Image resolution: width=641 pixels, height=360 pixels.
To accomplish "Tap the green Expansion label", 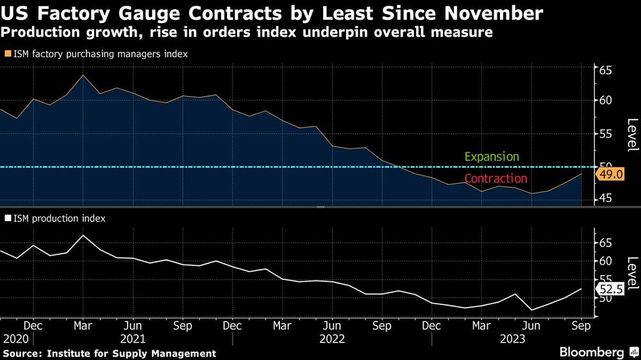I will (x=492, y=157).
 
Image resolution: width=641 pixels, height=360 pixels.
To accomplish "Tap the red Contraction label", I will (x=495, y=179).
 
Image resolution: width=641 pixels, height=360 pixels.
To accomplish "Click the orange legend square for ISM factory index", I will (x=7, y=54).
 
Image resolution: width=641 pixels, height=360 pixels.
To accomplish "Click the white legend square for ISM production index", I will (x=7, y=218).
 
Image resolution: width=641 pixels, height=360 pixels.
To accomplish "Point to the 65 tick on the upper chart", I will (x=606, y=70).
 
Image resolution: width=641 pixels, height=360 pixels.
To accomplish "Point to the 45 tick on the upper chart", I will (x=606, y=200).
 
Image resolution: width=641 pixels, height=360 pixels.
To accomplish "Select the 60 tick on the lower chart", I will (x=606, y=261).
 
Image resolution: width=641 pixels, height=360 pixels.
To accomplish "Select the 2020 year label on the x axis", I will (x=15, y=338).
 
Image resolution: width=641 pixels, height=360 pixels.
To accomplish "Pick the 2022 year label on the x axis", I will (x=331, y=338).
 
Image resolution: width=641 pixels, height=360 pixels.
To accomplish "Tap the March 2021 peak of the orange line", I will (x=83, y=75).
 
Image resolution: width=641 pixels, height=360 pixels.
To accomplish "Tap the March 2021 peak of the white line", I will (x=83, y=235).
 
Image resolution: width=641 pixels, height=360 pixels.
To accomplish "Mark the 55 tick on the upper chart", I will (x=606, y=134).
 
